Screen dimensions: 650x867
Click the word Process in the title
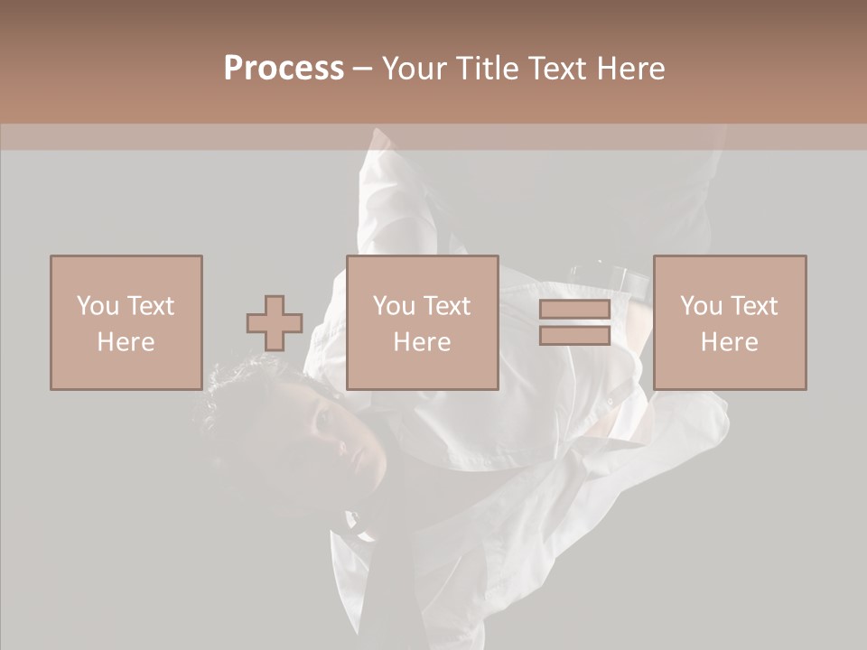[x=284, y=69]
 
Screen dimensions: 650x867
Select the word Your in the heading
[x=415, y=69]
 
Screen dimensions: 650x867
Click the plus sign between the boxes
[x=275, y=323]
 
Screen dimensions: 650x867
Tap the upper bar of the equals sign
[x=574, y=310]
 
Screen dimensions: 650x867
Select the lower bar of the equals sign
[x=574, y=335]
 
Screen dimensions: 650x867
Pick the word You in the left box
[x=98, y=306]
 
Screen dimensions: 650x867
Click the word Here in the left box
[x=126, y=342]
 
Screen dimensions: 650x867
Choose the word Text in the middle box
[x=446, y=306]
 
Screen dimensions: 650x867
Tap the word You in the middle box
[x=394, y=306]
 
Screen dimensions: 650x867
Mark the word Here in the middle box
[x=422, y=342]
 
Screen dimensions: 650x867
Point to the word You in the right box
[x=701, y=306]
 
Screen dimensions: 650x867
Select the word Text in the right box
[x=753, y=306]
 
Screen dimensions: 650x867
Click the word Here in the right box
[x=729, y=342]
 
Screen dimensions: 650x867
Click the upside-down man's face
[x=325, y=433]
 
